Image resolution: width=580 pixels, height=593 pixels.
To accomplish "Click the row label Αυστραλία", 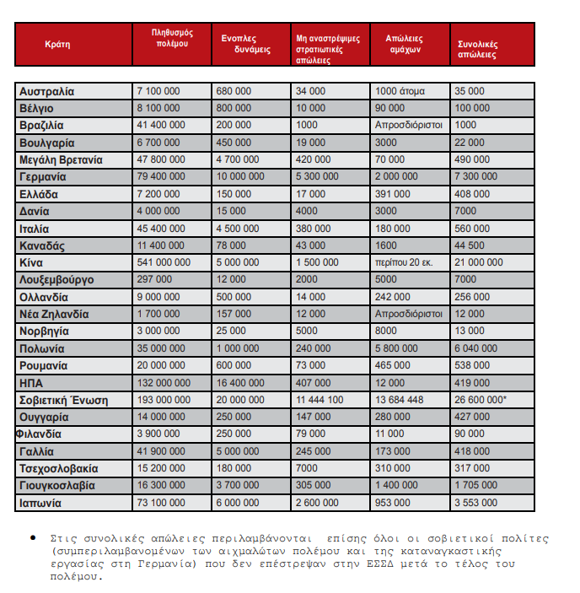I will point(47,91).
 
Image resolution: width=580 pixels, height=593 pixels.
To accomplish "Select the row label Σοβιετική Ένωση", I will point(64,400).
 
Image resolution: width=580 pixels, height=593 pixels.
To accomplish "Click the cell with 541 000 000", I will point(164,262).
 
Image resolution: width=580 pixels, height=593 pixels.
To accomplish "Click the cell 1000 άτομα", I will point(400,91).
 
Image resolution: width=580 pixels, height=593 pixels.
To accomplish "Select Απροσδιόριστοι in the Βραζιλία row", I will point(409,125).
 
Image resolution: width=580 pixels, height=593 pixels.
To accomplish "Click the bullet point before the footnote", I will point(32,537).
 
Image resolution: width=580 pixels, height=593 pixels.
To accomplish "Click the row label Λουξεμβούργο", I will point(56,279).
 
